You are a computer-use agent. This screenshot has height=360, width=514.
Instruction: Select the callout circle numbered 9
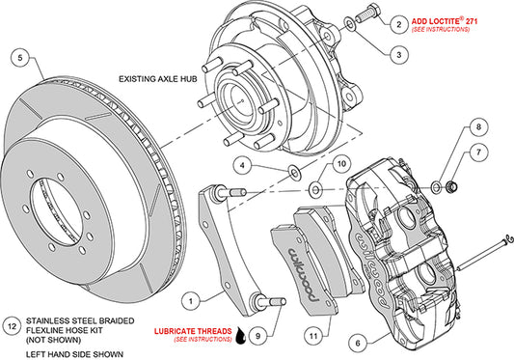[x=256, y=336]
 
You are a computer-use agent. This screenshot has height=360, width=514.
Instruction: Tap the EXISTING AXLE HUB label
[x=161, y=80]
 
